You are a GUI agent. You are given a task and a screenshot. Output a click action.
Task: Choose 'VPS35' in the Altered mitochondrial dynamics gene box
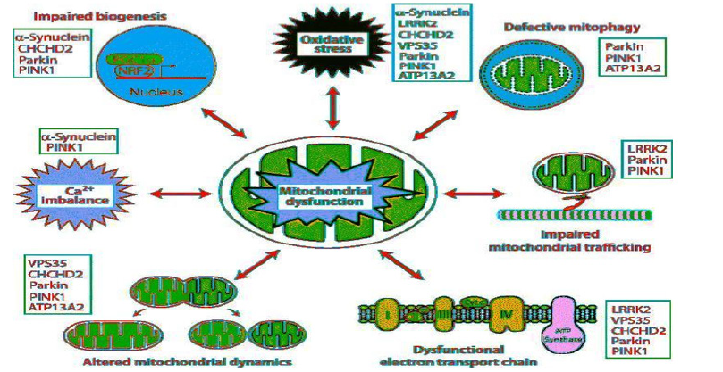coord(45,265)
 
